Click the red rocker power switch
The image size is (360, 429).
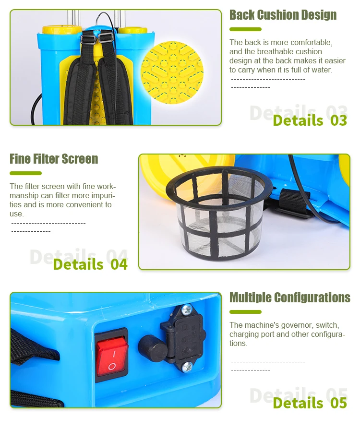click(x=111, y=355)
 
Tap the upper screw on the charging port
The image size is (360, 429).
click(x=187, y=309)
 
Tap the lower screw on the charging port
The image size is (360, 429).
click(x=188, y=367)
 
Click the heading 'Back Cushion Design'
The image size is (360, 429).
click(x=283, y=15)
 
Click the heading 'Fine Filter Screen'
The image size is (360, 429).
click(x=54, y=159)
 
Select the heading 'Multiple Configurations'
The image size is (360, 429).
click(x=290, y=298)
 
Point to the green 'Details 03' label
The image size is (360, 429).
click(x=310, y=120)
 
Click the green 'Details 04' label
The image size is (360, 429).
click(x=90, y=264)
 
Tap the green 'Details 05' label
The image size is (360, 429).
click(x=310, y=403)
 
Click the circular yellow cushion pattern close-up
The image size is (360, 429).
click(x=172, y=72)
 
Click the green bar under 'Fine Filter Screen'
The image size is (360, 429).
click(x=26, y=173)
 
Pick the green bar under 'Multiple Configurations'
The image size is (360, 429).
click(x=246, y=312)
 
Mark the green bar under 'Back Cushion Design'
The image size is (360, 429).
click(x=246, y=29)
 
